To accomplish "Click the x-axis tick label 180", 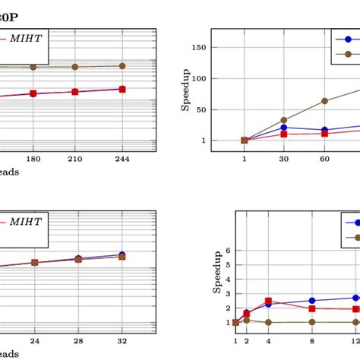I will click(x=33, y=159).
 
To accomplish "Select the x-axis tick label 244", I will click(x=122, y=159).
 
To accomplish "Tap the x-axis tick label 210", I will click(x=74, y=159).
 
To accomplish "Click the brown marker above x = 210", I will click(x=74, y=67).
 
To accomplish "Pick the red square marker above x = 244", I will click(x=122, y=90).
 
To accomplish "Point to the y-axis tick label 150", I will click(x=200, y=47).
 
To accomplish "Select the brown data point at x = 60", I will click(x=324, y=101).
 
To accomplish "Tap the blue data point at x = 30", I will click(x=284, y=128).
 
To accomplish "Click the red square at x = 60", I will click(x=324, y=133).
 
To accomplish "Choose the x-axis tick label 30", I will click(x=284, y=159).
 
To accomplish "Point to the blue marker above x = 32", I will click(x=122, y=255).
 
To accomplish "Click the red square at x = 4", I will click(x=268, y=302).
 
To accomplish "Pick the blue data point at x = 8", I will click(x=312, y=301).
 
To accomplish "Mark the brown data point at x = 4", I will click(x=268, y=323).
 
